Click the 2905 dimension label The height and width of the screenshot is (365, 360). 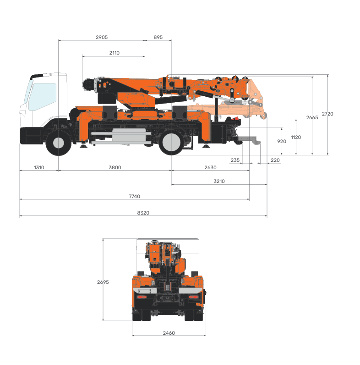pyautogui.click(x=102, y=37)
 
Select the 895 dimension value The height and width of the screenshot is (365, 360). pyautogui.click(x=158, y=37)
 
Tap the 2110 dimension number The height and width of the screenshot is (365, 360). pyautogui.click(x=114, y=53)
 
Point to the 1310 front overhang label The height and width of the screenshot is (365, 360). pyautogui.click(x=39, y=167)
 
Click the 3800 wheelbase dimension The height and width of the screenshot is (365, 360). pyautogui.click(x=115, y=167)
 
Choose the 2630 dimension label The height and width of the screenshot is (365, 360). pyautogui.click(x=210, y=167)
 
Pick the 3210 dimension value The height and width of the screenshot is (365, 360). pyautogui.click(x=219, y=181)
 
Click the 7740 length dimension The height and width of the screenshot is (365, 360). pyautogui.click(x=134, y=196)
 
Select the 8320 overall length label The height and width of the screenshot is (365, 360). pyautogui.click(x=143, y=213)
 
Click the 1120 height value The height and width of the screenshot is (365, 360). pyautogui.click(x=296, y=137)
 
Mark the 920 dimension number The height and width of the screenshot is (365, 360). pyautogui.click(x=282, y=141)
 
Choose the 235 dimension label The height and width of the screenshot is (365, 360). pyautogui.click(x=235, y=160)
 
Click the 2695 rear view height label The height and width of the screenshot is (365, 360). pyautogui.click(x=103, y=282)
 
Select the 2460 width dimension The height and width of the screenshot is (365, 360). pyautogui.click(x=169, y=333)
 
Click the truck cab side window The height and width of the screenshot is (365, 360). pyautogui.click(x=43, y=96)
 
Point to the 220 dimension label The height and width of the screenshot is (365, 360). pyautogui.click(x=275, y=160)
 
